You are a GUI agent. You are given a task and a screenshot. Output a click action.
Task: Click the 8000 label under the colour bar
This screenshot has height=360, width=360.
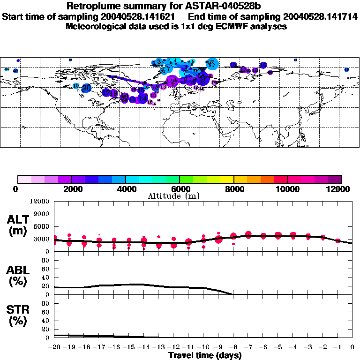click(x=233, y=189)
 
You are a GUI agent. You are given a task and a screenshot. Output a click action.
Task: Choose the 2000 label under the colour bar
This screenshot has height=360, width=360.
click(x=71, y=189)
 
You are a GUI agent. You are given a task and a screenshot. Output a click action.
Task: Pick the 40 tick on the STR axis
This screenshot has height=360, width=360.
click(x=46, y=320)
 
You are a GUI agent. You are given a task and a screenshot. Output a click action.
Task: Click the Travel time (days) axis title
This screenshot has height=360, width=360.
click(x=205, y=356)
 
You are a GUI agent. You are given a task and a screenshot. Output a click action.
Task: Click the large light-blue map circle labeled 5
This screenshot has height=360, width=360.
click(x=212, y=64)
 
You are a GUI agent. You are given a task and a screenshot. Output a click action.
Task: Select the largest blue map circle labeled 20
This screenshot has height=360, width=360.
click(x=86, y=88)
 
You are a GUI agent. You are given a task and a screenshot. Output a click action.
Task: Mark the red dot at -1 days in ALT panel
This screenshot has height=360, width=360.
click(x=337, y=241)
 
